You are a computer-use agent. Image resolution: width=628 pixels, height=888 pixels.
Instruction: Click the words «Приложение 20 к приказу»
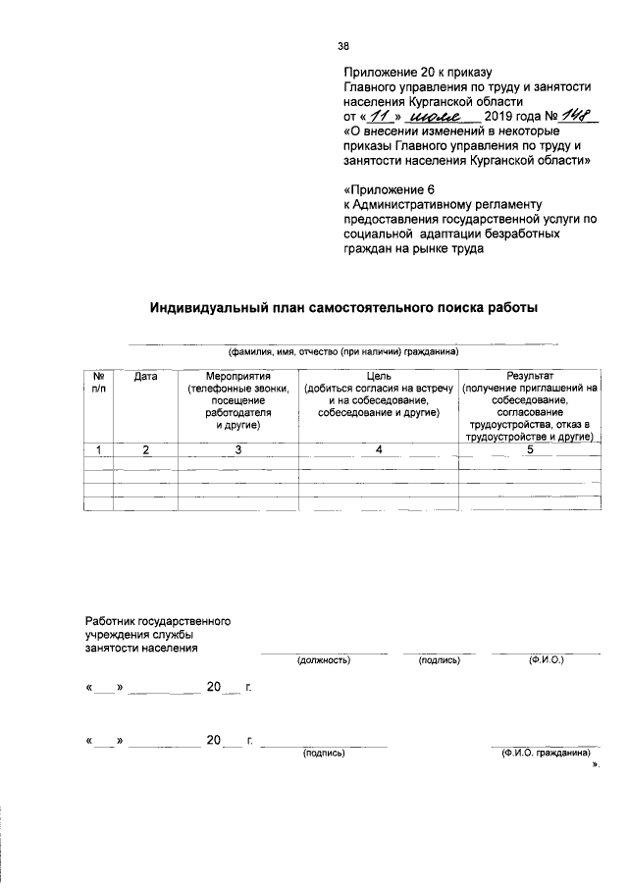pyautogui.click(x=416, y=73)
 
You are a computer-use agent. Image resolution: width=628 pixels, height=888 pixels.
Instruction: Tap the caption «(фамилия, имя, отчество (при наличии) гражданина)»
pyautogui.click(x=343, y=352)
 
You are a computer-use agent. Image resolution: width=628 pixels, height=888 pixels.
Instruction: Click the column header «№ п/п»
pyautogui.click(x=99, y=383)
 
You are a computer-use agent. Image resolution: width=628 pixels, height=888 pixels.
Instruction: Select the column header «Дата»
pyautogui.click(x=146, y=377)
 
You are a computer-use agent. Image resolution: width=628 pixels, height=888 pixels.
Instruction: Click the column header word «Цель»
pyautogui.click(x=379, y=377)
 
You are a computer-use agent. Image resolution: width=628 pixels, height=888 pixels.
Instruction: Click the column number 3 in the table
pyautogui.click(x=237, y=449)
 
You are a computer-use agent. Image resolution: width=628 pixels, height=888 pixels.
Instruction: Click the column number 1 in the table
pyautogui.click(x=99, y=449)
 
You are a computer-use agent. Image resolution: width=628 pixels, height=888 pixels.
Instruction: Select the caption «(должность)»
pyautogui.click(x=324, y=660)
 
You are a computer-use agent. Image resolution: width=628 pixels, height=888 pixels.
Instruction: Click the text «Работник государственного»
pyautogui.click(x=158, y=622)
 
